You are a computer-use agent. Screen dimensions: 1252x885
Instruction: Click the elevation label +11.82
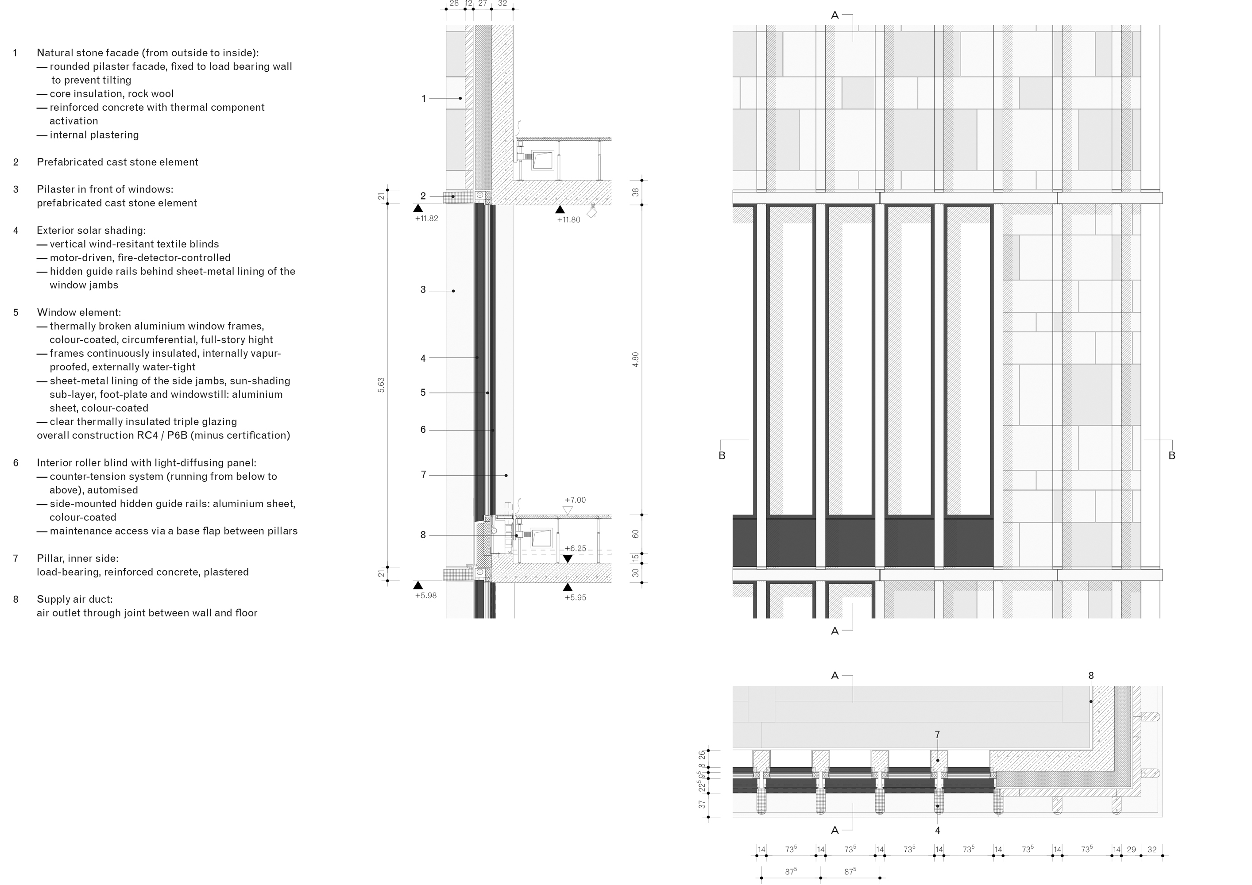click(426, 219)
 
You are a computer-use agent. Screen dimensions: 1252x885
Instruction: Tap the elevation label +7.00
click(575, 500)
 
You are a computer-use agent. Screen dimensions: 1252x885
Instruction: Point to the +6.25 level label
click(575, 548)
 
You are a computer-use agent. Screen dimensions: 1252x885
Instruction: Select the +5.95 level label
click(575, 597)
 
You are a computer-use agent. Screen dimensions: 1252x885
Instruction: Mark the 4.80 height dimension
click(635, 360)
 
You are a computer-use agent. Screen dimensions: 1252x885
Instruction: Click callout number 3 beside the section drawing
click(423, 290)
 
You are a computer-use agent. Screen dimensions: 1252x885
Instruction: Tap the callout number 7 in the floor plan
click(937, 735)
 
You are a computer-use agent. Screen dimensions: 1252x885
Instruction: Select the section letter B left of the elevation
click(722, 456)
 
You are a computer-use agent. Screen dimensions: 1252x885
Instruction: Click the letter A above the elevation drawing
click(835, 15)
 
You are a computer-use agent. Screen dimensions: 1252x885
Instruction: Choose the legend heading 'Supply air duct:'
click(75, 600)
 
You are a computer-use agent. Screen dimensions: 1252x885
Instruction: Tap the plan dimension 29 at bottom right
click(1132, 849)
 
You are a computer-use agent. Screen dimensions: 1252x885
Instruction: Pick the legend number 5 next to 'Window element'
click(16, 312)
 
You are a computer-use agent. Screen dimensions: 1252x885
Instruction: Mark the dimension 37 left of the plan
click(702, 804)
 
